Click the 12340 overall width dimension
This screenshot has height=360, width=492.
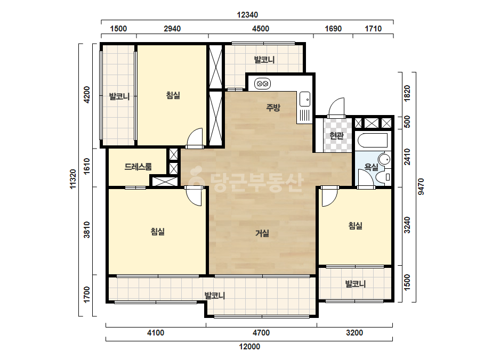pyautogui.click(x=247, y=15)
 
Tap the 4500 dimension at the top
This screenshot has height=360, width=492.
pyautogui.click(x=261, y=29)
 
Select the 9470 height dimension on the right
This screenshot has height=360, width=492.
pyautogui.click(x=421, y=186)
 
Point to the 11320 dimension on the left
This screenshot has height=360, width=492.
pyautogui.click(x=73, y=179)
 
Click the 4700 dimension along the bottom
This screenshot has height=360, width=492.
pyautogui.click(x=261, y=332)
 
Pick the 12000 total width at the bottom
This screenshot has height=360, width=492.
pyautogui.click(x=249, y=347)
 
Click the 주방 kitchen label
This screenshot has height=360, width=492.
pyautogui.click(x=273, y=108)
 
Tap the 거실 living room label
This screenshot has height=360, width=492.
pyautogui.click(x=262, y=233)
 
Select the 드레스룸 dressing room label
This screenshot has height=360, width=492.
pyautogui.click(x=138, y=167)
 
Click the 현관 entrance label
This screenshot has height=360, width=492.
pyautogui.click(x=337, y=136)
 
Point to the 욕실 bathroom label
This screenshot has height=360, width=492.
pyautogui.click(x=371, y=167)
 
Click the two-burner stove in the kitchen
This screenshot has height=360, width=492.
pyautogui.click(x=262, y=84)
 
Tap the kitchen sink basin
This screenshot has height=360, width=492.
pyautogui.click(x=305, y=99)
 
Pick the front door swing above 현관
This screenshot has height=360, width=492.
pyautogui.click(x=336, y=108)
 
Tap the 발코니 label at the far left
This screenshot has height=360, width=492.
pyautogui.click(x=119, y=96)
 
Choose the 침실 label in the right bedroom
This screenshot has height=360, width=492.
pyautogui.click(x=356, y=225)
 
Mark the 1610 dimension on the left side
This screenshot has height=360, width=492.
pyautogui.click(x=87, y=166)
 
